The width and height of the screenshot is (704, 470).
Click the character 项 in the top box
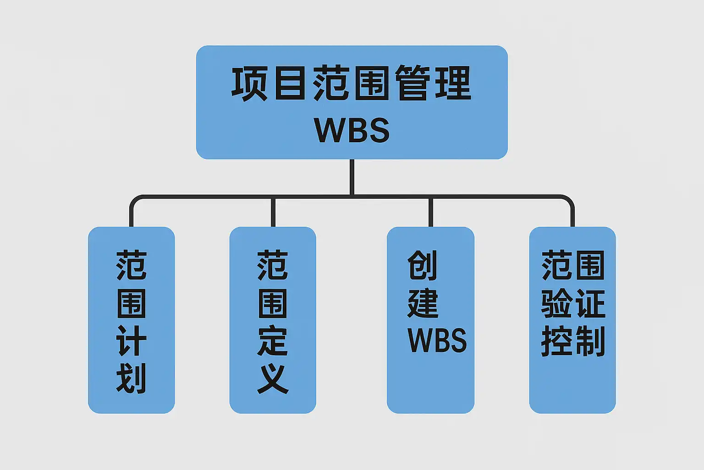click(x=250, y=83)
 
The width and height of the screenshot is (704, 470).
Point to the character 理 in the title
click(x=452, y=83)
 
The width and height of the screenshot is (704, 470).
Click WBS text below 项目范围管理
click(x=352, y=130)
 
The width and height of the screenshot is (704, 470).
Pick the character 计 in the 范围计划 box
click(x=132, y=341)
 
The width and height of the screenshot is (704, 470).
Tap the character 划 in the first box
click(x=132, y=379)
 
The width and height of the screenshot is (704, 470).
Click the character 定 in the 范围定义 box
click(x=273, y=341)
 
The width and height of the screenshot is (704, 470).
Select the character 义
click(x=273, y=379)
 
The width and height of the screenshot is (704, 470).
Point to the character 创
click(x=423, y=265)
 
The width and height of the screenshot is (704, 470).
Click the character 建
click(x=423, y=303)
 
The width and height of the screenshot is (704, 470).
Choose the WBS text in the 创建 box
click(x=437, y=341)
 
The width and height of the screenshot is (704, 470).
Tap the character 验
click(x=556, y=303)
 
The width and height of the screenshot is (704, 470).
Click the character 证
click(x=589, y=303)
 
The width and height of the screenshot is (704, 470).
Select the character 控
click(x=556, y=341)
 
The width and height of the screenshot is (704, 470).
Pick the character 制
click(x=589, y=341)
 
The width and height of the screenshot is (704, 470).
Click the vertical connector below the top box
click(x=352, y=177)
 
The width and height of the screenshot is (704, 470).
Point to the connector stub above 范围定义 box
click(x=273, y=212)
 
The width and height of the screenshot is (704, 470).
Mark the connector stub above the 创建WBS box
click(x=430, y=212)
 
